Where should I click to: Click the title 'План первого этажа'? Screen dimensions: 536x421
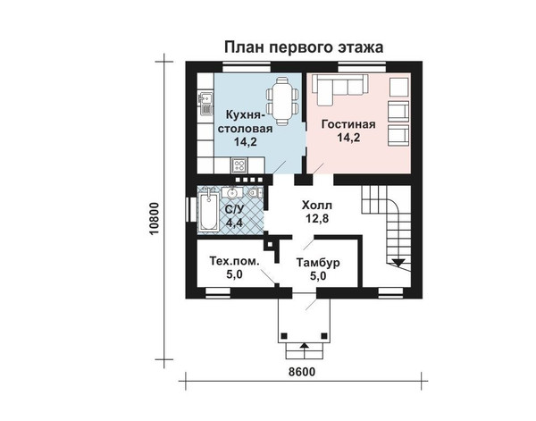304,47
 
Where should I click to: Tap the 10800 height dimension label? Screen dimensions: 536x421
155,218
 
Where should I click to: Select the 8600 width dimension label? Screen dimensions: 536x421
302,372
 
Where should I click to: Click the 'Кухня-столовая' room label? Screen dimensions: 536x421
246,122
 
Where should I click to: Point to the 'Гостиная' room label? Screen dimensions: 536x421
348,124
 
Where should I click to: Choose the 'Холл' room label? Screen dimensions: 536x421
317,206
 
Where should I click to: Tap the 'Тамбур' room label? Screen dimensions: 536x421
318,263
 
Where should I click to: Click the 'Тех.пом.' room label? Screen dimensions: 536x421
234,261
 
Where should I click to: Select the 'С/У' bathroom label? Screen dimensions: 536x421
234,209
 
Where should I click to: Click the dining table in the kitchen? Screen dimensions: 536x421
282,102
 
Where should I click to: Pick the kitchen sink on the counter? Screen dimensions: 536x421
205,103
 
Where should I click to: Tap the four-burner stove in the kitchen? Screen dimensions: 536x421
239,166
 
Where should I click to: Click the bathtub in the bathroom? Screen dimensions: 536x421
208,213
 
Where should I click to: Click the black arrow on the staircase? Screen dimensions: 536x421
398,262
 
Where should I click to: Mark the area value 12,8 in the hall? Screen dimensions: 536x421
317,218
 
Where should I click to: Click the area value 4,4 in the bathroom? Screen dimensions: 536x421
234,223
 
